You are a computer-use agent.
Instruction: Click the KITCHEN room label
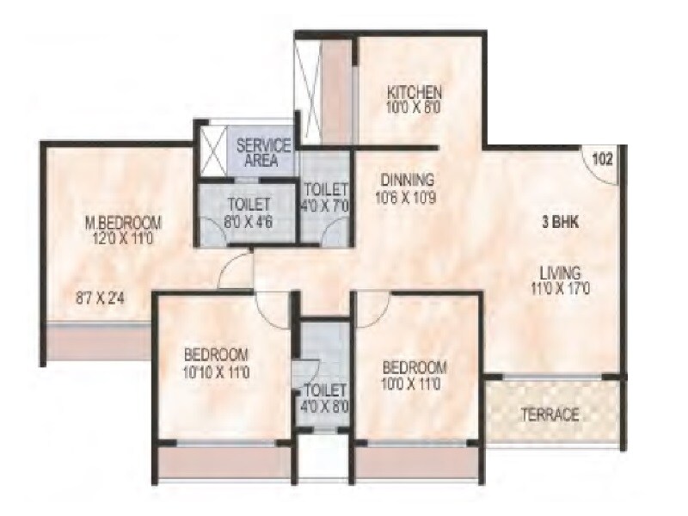click(x=414, y=92)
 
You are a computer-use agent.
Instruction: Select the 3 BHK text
click(x=560, y=221)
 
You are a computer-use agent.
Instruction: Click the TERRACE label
click(x=550, y=415)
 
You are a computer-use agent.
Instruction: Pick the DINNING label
click(x=405, y=181)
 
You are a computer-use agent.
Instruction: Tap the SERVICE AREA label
click(x=264, y=152)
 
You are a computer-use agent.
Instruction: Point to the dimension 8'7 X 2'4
click(x=100, y=300)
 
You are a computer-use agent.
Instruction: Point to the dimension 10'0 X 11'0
click(x=413, y=382)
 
